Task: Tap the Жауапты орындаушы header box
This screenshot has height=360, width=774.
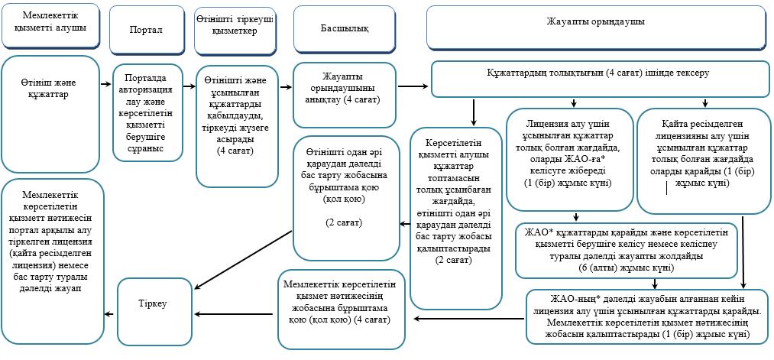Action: tap(596, 28)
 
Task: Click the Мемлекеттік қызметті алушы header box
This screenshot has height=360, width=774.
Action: tap(50, 25)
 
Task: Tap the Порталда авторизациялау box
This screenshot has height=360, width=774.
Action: tap(146, 112)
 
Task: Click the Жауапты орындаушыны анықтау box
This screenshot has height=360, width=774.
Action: tap(345, 102)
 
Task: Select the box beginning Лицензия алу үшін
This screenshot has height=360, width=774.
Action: tap(569, 160)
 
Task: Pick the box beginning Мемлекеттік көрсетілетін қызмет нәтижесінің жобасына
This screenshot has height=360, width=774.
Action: tap(342, 309)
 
